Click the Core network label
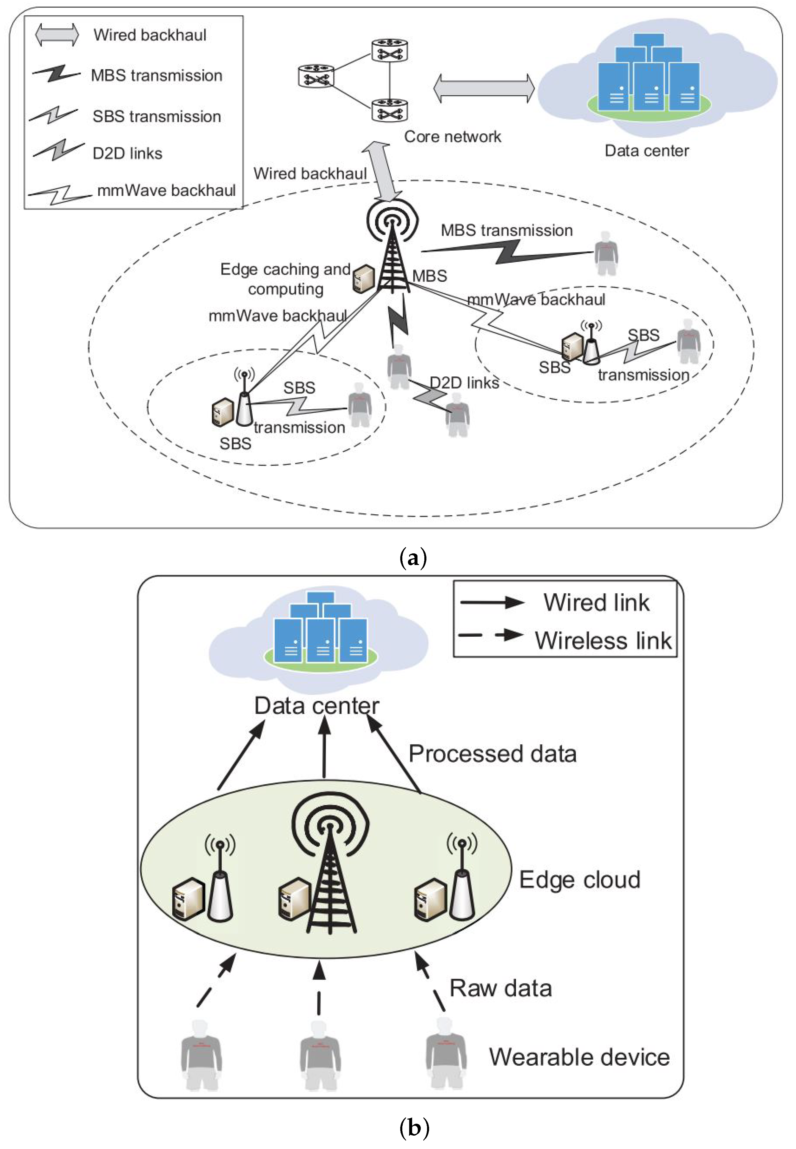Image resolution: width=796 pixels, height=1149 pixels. tap(452, 137)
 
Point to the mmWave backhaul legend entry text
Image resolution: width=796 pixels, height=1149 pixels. tap(166, 190)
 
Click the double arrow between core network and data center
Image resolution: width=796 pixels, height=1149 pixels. tap(484, 88)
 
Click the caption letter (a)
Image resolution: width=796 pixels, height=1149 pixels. tap(413, 558)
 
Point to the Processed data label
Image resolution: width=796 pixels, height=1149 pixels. tap(492, 754)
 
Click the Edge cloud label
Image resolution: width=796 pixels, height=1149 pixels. tap(580, 880)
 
